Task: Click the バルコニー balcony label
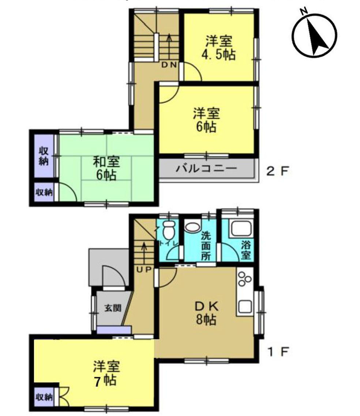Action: (207, 169)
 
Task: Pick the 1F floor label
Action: (278, 352)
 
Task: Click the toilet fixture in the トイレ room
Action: (169, 229)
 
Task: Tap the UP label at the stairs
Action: (144, 270)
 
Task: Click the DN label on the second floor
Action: (170, 65)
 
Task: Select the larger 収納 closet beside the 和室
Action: (44, 156)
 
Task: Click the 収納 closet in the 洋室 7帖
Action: (44, 397)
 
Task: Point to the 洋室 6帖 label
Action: (207, 120)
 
